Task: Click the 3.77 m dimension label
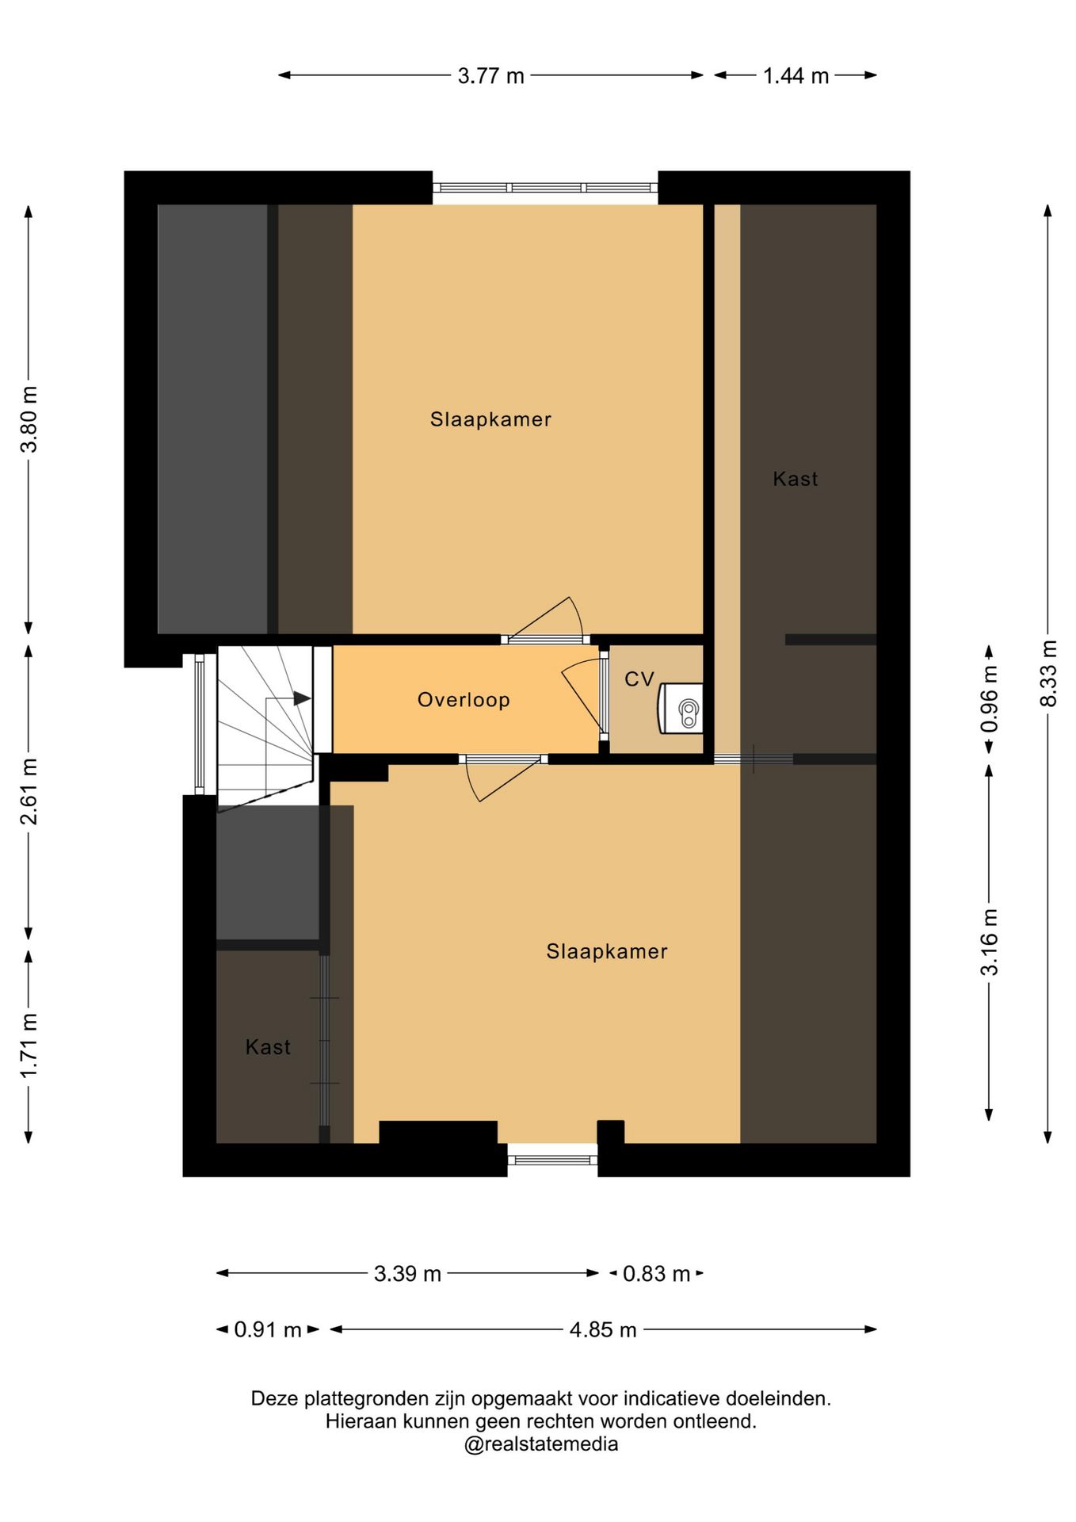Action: tap(491, 76)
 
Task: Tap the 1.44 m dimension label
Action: tap(796, 76)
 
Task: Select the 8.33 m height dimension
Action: tap(1048, 673)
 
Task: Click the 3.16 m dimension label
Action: tap(990, 943)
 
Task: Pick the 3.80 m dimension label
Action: tap(29, 419)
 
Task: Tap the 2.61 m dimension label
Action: tap(29, 791)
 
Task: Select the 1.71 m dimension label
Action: tap(29, 1046)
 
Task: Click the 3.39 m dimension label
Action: tap(407, 1274)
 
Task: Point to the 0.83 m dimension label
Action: tap(656, 1274)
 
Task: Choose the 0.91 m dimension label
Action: tap(268, 1329)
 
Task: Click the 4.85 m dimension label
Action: tap(603, 1329)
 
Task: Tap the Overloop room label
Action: tap(464, 700)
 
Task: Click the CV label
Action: tap(639, 679)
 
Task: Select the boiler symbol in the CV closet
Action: tap(681, 708)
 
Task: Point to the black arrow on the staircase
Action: tap(302, 698)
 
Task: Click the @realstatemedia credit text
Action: tap(541, 1444)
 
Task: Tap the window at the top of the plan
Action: tap(545, 188)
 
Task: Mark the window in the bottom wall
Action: tap(552, 1160)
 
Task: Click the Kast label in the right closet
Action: tap(796, 479)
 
